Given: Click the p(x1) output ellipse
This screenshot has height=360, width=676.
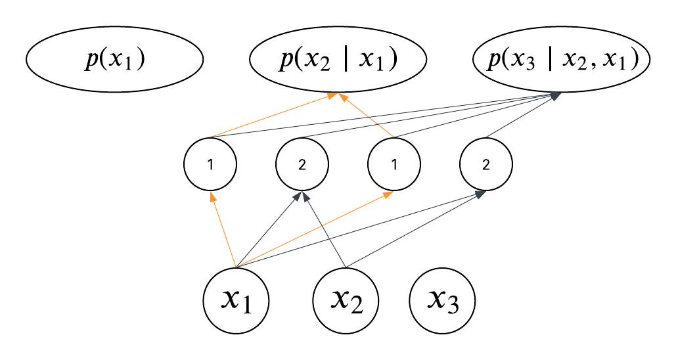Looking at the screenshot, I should tap(114, 60).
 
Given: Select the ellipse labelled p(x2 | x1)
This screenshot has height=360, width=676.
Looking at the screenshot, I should tap(338, 60).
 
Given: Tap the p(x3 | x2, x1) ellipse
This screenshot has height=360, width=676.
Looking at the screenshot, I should tap(562, 60).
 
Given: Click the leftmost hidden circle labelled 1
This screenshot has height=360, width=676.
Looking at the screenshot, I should tap(210, 164).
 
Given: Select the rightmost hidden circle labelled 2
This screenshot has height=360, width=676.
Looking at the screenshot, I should tap(486, 164).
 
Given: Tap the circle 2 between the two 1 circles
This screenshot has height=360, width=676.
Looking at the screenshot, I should tap(302, 164).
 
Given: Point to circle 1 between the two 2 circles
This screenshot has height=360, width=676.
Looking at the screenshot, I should tap(394, 164).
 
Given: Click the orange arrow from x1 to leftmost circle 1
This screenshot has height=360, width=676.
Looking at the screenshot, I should tap(223, 230).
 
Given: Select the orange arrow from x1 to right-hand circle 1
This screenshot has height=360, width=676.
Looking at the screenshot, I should tap(315, 230).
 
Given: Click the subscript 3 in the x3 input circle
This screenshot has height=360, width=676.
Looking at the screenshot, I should tap(453, 306).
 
